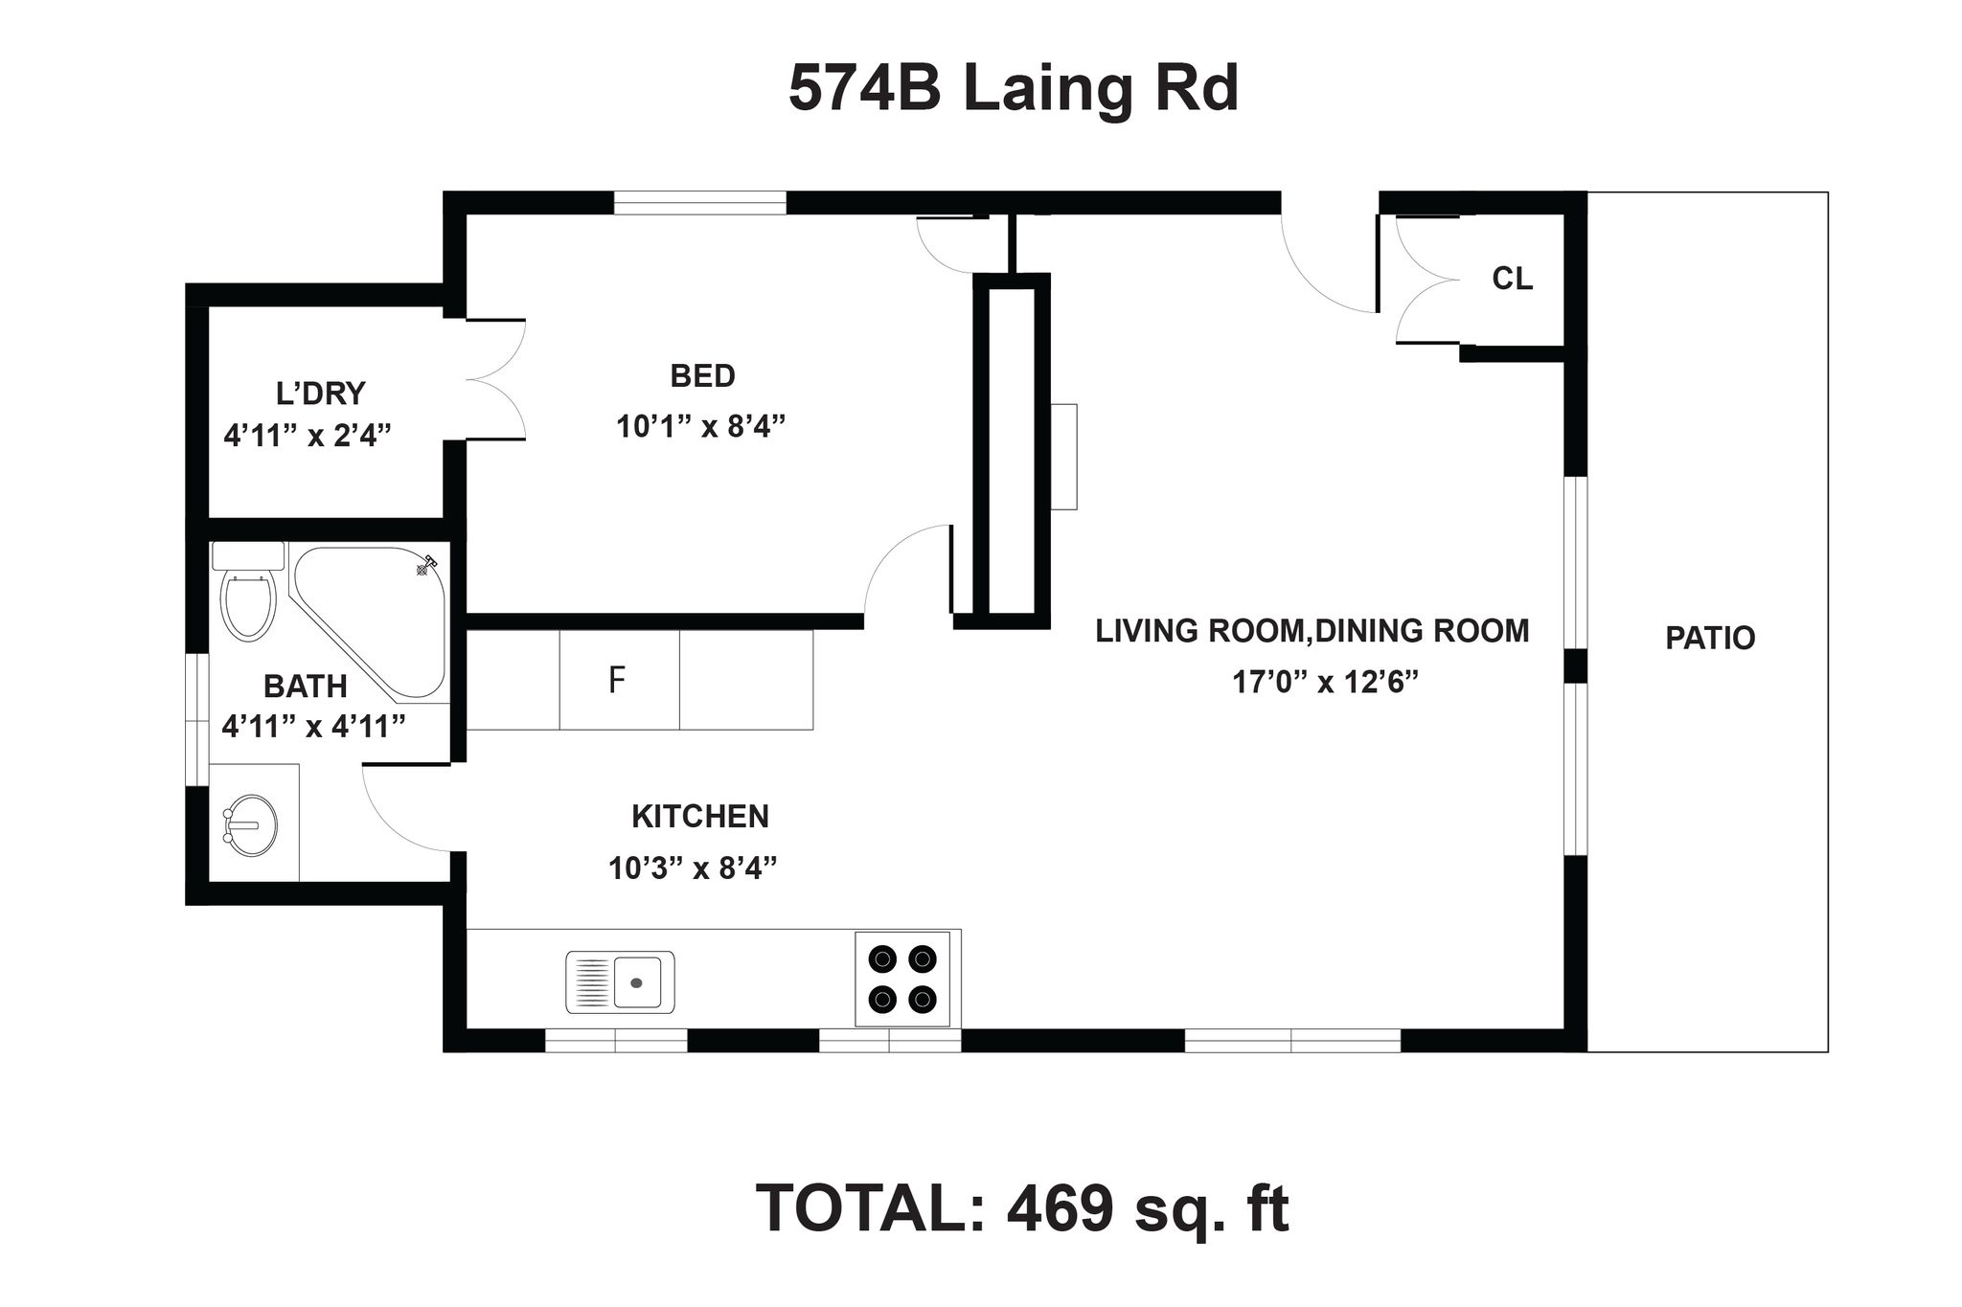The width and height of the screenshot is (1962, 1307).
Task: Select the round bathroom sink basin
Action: pos(251,823)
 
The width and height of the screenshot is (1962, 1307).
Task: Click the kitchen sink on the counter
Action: pos(620,981)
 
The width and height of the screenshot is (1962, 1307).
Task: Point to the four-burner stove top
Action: pos(902,979)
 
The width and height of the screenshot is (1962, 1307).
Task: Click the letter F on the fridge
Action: pos(617,680)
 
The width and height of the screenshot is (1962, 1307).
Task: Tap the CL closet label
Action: pos(1513,279)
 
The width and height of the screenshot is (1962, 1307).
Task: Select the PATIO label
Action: pos(1710,638)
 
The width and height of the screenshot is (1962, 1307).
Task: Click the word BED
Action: pos(702,375)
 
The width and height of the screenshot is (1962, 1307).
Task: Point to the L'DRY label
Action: pos(320,394)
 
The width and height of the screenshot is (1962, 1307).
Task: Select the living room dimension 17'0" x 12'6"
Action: pos(1325,682)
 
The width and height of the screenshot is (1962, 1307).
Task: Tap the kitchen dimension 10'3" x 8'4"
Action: pos(693,868)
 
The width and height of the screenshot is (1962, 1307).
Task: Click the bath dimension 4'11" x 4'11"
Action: pos(314,726)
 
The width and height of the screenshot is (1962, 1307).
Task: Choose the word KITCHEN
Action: pos(700,817)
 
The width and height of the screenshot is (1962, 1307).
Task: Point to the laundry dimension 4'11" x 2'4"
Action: pos(308,436)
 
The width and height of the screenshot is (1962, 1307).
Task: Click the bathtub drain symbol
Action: pos(422,570)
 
